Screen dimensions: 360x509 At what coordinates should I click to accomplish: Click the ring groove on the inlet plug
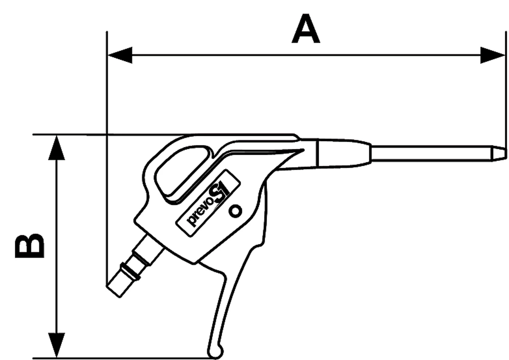tap(129, 271)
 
